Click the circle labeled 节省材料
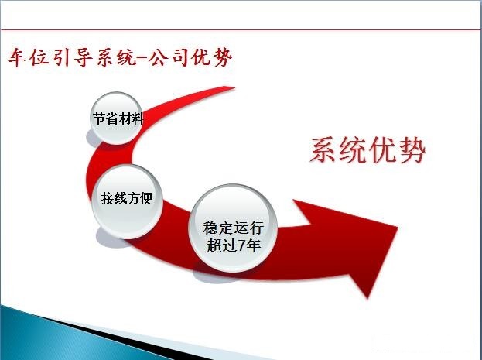(x=116, y=118)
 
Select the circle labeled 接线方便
(x=127, y=201)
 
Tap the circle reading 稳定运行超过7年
(x=233, y=228)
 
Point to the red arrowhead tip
(x=398, y=228)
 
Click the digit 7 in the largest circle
(x=242, y=245)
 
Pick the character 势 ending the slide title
(x=222, y=57)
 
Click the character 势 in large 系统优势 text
(x=412, y=150)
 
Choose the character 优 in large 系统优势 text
(x=382, y=150)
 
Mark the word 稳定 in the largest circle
(x=218, y=228)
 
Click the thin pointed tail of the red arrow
(x=234, y=88)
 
